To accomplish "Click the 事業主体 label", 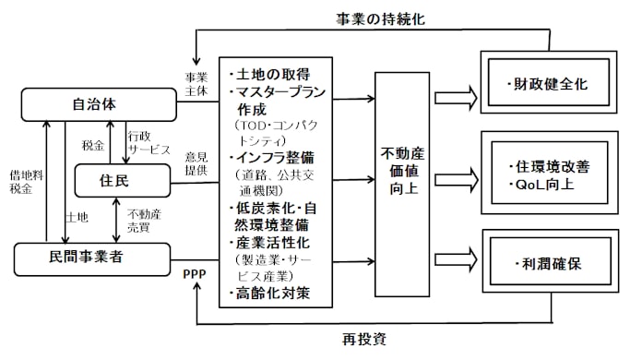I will (x=196, y=83).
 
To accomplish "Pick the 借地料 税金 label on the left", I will (x=21, y=180).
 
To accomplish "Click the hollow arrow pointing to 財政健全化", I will (x=455, y=95).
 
